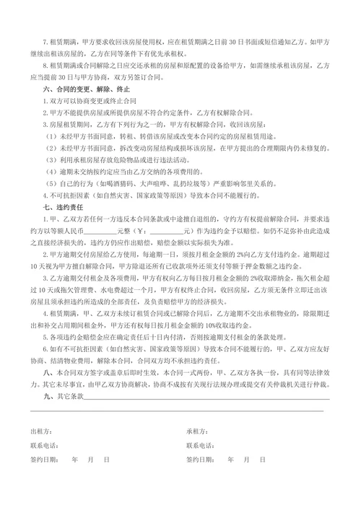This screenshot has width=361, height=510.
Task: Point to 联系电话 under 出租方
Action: [x=44, y=444]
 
